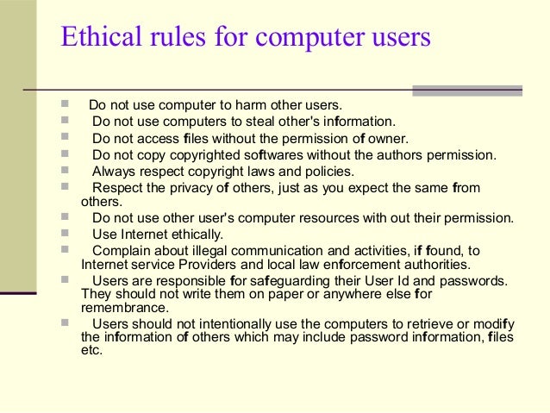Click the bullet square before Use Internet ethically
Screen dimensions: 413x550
tap(66, 233)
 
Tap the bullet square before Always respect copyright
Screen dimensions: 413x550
tap(66, 170)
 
